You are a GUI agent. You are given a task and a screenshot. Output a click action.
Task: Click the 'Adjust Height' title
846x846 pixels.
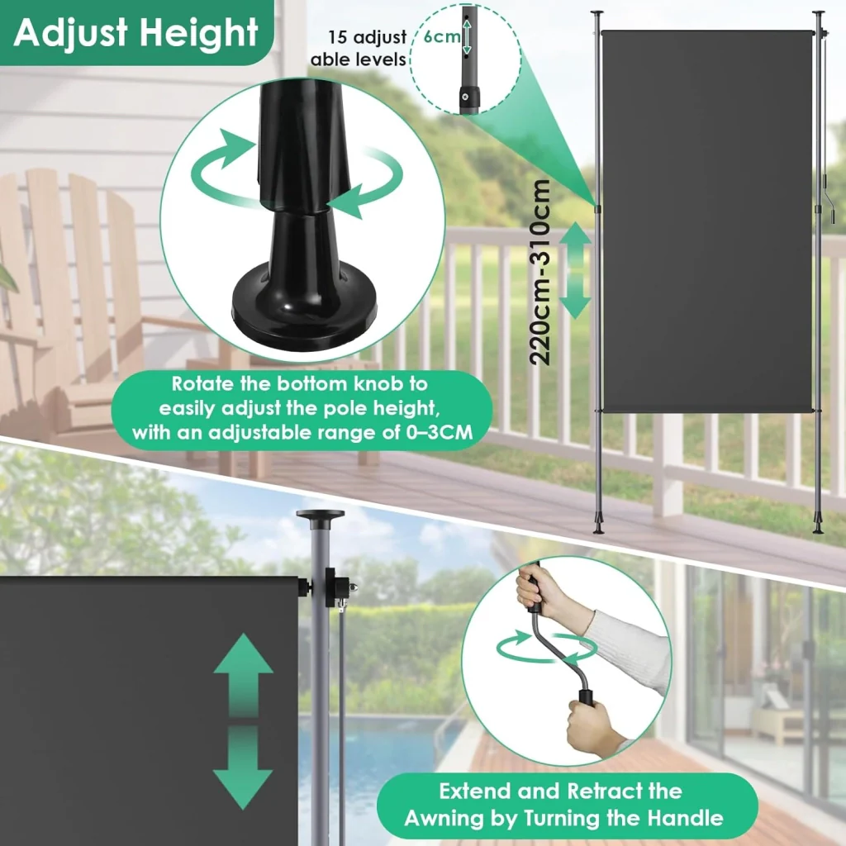136,32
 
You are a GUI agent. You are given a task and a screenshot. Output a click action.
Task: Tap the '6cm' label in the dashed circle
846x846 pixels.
441,36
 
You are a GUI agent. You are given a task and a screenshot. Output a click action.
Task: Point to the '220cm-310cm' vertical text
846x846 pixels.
540,273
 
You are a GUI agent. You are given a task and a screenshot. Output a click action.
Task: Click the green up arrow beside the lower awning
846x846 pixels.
243,673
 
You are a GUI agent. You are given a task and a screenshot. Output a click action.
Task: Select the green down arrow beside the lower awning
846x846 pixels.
243,766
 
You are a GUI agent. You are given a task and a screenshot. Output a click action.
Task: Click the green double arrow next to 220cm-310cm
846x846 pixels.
576,270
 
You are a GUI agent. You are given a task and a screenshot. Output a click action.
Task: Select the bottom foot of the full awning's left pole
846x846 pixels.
599,525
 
